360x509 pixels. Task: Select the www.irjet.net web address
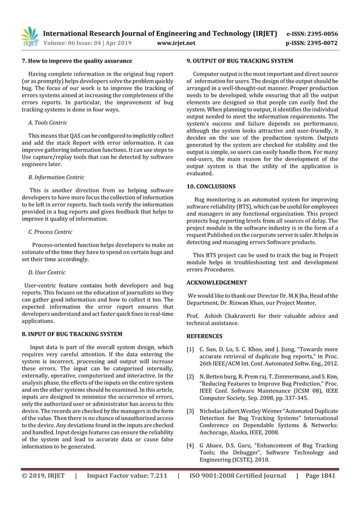(x=177, y=42)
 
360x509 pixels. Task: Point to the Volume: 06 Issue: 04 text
(x=77, y=42)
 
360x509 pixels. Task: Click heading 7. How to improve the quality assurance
(x=76, y=61)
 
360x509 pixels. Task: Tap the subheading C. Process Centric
(x=50, y=231)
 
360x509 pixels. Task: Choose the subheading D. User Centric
(x=46, y=273)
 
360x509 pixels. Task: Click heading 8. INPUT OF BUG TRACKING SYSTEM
(x=72, y=334)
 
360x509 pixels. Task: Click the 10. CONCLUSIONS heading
(x=211, y=186)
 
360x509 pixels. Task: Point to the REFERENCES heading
(x=204, y=336)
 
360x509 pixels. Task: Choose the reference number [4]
(x=190, y=446)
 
